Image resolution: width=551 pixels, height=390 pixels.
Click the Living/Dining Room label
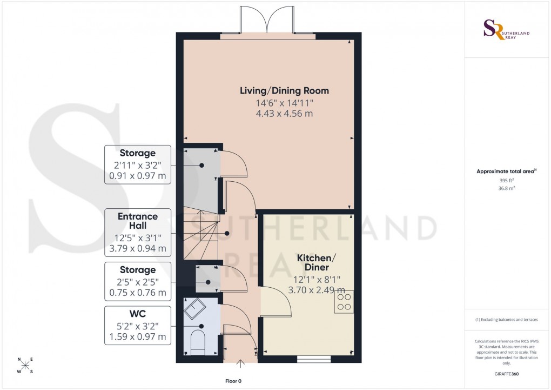point(284,90)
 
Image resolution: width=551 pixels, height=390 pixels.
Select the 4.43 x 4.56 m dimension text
point(284,114)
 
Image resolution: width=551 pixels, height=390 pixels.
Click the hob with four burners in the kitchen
point(344,301)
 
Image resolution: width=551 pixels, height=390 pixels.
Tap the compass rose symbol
point(25,366)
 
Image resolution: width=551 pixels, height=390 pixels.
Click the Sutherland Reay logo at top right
point(506,29)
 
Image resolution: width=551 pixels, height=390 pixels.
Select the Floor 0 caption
point(237,381)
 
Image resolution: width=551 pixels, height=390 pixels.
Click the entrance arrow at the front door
point(240,365)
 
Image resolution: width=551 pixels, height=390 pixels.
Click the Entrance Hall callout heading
point(137,221)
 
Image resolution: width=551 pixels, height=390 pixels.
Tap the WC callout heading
point(137,313)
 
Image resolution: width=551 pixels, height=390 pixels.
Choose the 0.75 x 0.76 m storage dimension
point(137,292)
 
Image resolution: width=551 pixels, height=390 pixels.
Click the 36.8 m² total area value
point(506,188)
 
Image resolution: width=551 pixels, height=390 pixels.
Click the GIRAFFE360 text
point(506,374)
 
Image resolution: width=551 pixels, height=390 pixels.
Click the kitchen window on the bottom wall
point(314,358)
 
